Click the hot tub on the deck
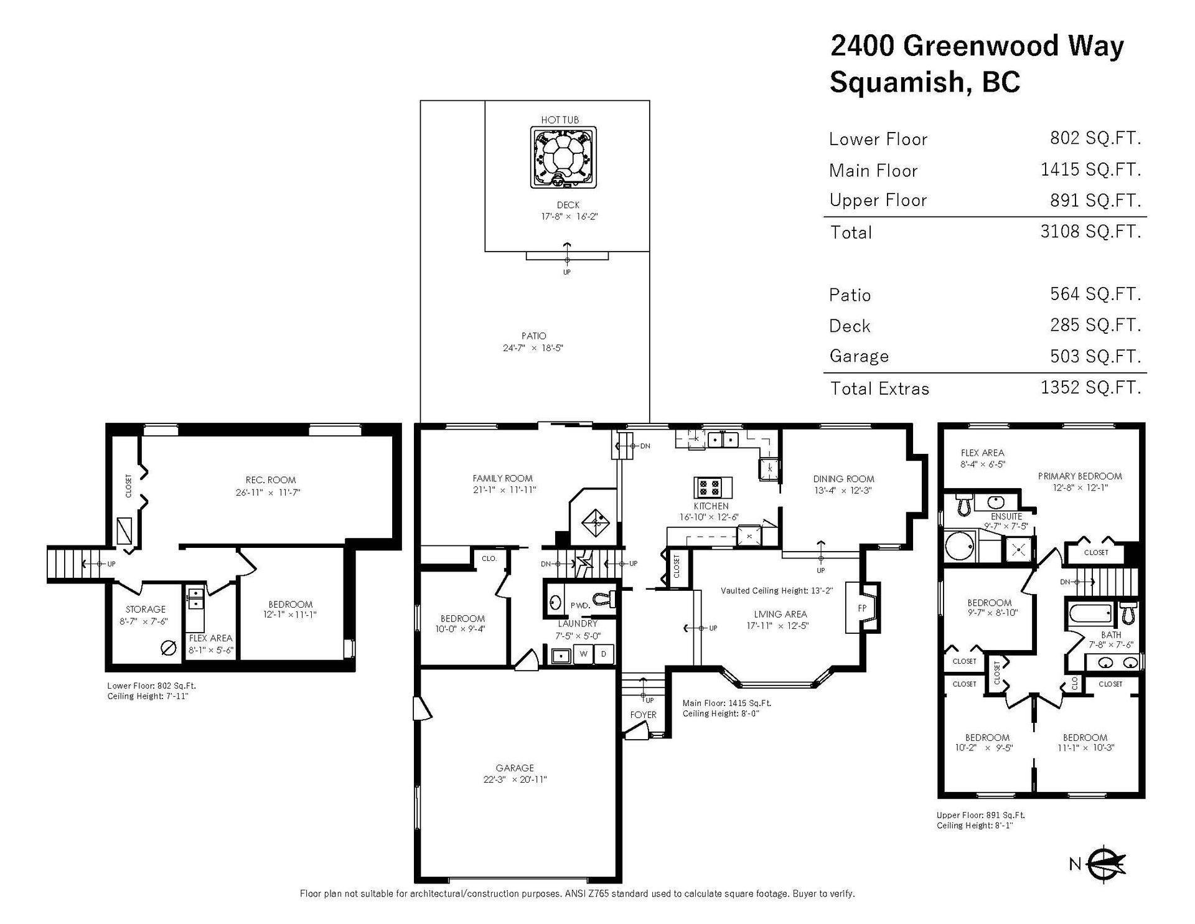tap(563, 157)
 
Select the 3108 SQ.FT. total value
tap(1090, 232)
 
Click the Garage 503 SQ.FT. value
tap(1095, 356)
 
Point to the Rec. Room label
tap(271, 480)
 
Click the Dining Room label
tap(843, 479)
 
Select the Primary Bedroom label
tap(1080, 476)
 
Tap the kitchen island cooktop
tap(713, 487)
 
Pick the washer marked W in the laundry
tap(583, 654)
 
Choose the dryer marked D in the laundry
tap(603, 654)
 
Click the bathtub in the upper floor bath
tap(1090, 615)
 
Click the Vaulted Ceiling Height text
tap(776, 590)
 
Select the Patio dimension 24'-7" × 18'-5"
tap(533, 348)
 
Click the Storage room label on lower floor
tap(146, 610)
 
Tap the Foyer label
tap(643, 715)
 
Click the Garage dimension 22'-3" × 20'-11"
tap(515, 780)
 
